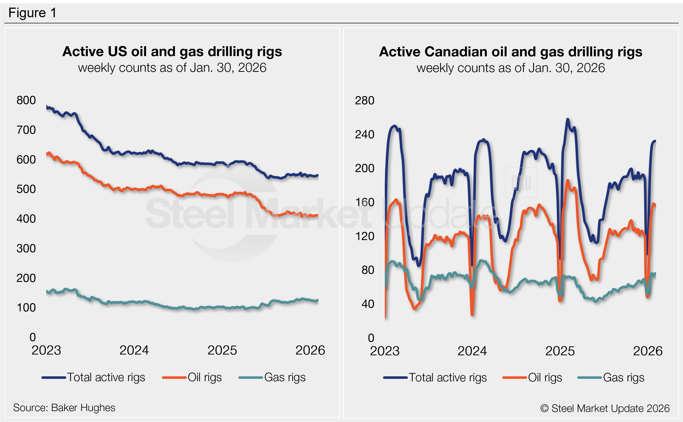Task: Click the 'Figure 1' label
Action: (32, 13)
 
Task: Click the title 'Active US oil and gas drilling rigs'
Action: (172, 52)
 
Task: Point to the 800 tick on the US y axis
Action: (26, 100)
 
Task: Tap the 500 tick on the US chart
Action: (26, 189)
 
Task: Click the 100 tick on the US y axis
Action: (26, 308)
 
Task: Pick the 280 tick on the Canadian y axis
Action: (364, 100)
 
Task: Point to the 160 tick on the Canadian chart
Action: (364, 202)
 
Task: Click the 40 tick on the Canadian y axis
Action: (368, 304)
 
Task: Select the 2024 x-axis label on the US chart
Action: (134, 350)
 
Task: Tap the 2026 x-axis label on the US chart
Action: (310, 350)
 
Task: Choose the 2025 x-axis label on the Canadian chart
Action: (560, 351)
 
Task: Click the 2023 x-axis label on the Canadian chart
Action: (385, 351)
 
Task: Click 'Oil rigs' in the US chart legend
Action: (205, 377)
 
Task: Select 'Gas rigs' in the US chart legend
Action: (285, 377)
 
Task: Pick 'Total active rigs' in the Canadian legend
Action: (448, 378)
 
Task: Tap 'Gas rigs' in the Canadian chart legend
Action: (624, 378)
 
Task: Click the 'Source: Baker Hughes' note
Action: (64, 408)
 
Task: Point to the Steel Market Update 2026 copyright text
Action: (605, 408)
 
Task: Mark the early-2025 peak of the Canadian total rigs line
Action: (568, 119)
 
